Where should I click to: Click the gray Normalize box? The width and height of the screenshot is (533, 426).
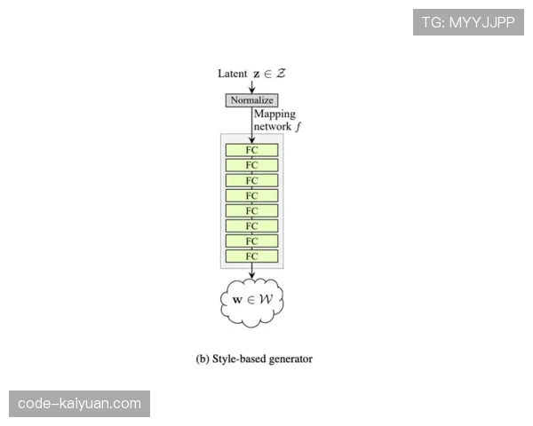[252, 100]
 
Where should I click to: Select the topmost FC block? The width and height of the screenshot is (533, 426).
[251, 150]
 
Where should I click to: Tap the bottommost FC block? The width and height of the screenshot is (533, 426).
[251, 256]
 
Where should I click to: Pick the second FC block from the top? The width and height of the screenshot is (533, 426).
[251, 165]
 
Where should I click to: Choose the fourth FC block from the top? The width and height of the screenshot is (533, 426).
[251, 195]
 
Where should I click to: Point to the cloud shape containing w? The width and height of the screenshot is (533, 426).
[251, 300]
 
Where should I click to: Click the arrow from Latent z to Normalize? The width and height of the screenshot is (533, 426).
[251, 85]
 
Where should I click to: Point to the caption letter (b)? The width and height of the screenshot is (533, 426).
[202, 359]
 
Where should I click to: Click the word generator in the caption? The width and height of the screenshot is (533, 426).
[290, 359]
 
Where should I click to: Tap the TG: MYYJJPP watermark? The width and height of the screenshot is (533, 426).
[468, 22]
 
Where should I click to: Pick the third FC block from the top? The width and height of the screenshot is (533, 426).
[251, 180]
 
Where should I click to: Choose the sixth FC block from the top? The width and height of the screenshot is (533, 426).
[251, 226]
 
